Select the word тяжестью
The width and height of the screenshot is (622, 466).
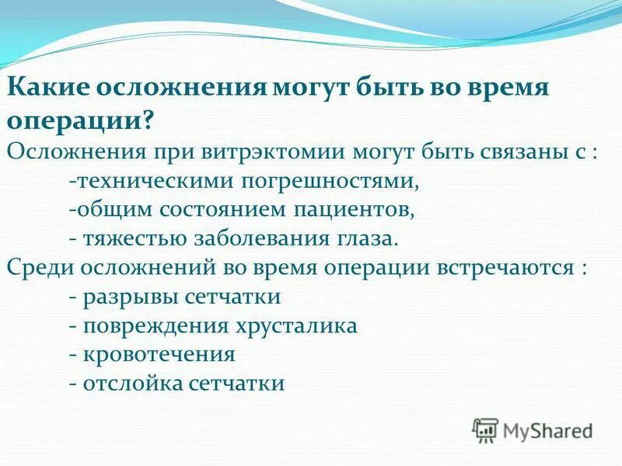(x=127, y=238)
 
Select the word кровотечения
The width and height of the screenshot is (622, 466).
(x=158, y=354)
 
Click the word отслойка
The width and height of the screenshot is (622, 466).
(x=128, y=383)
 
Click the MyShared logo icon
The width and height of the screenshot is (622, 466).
(x=485, y=429)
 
